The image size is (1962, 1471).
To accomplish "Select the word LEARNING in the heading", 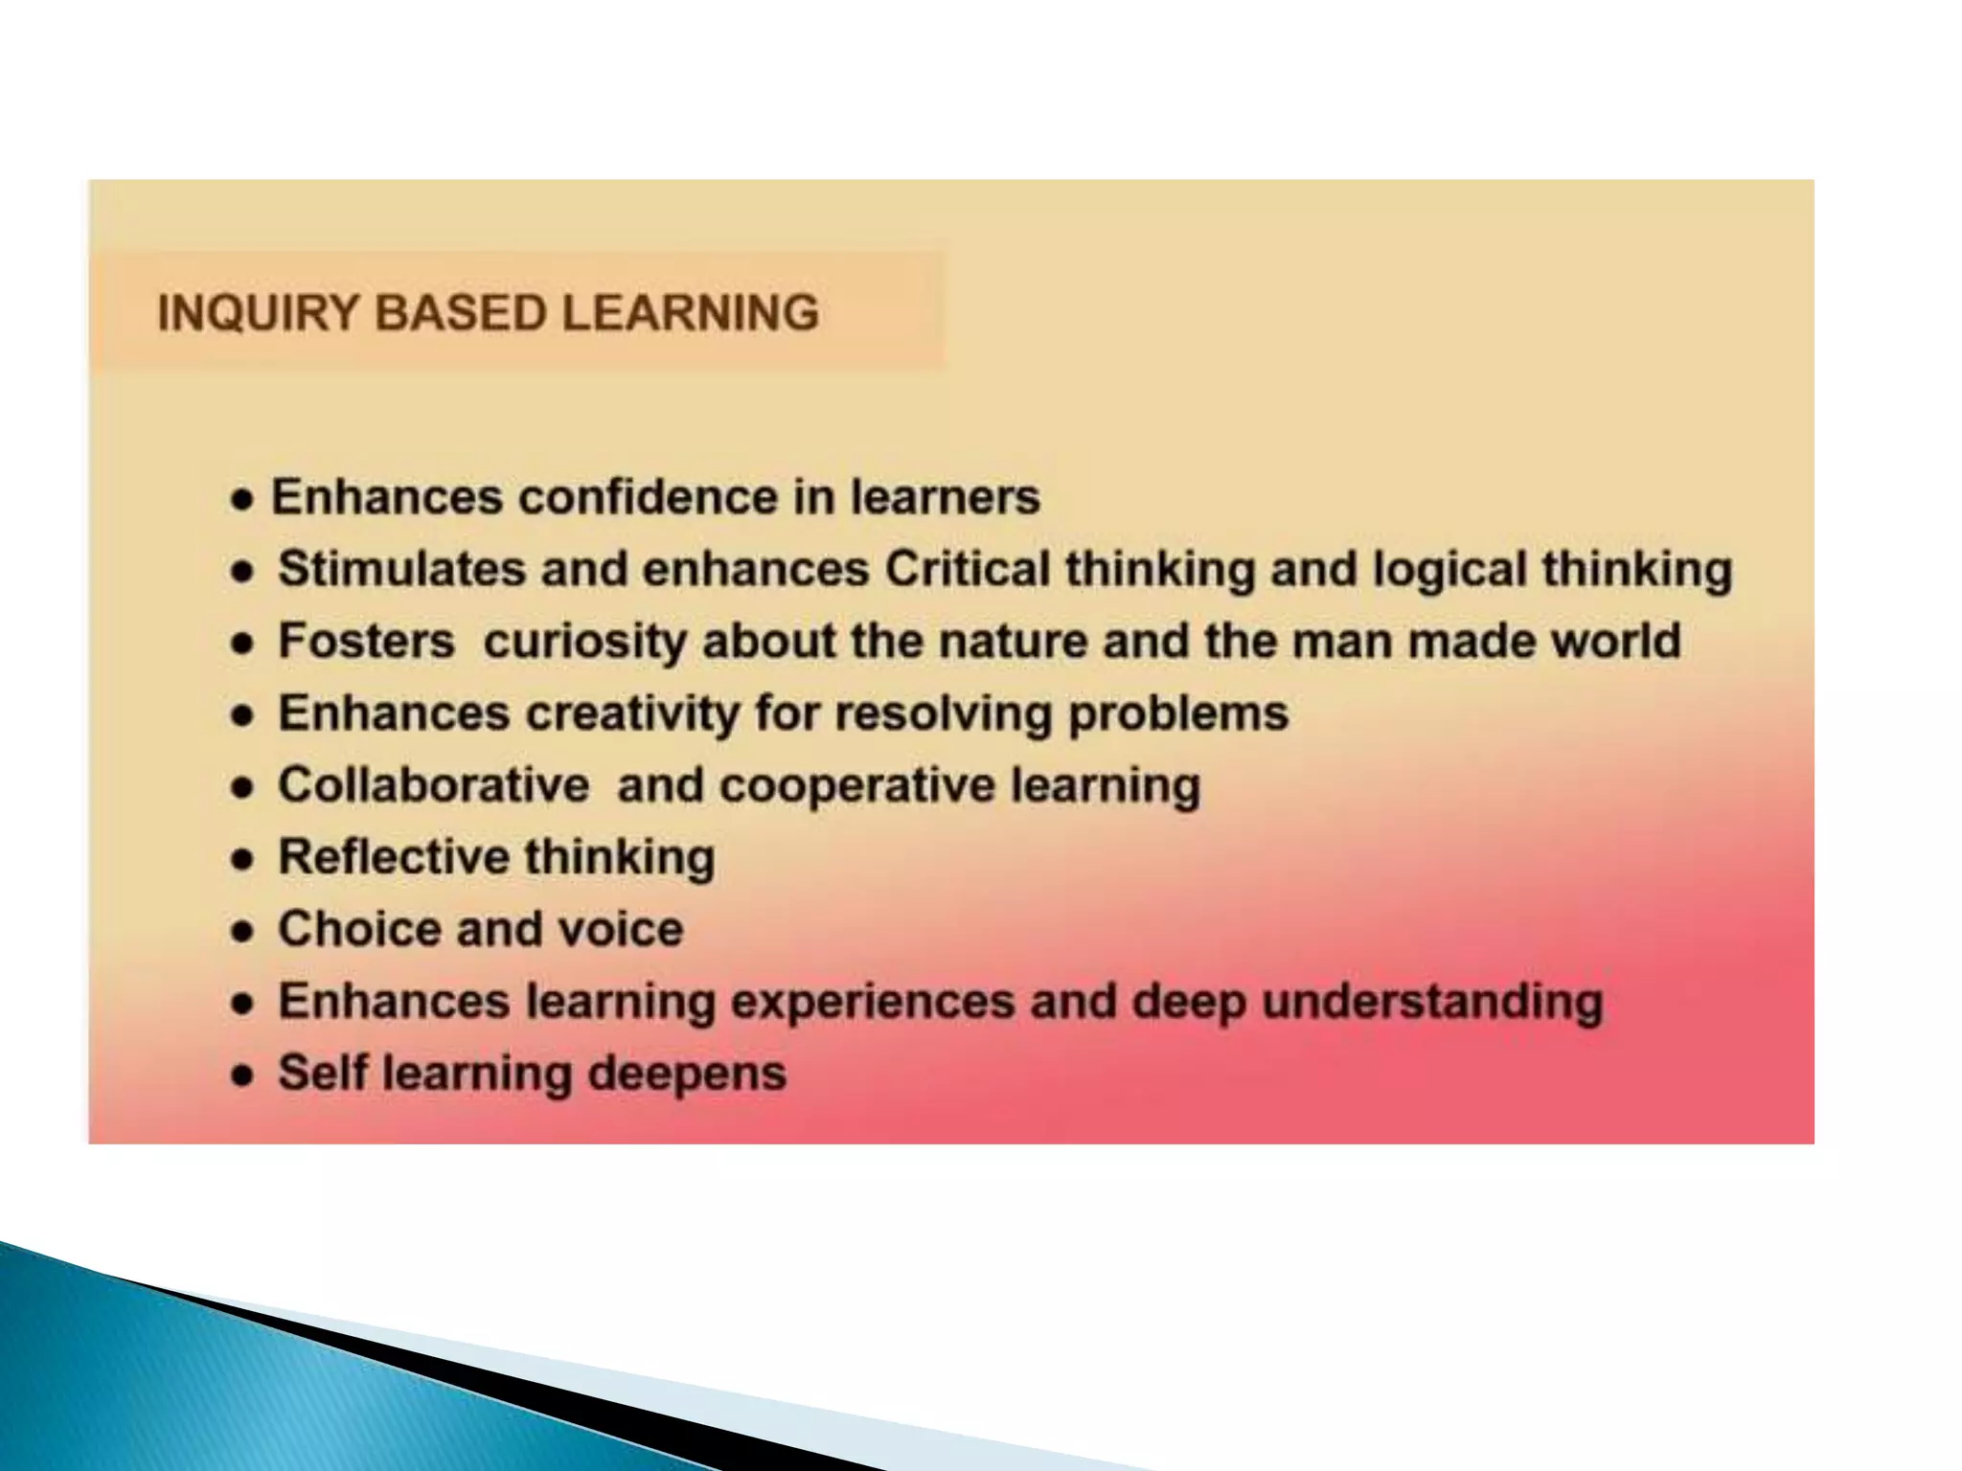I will [690, 313].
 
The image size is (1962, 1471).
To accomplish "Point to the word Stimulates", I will [401, 569].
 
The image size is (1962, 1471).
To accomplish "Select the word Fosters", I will [366, 641].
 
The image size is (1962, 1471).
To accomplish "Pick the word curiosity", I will [584, 642].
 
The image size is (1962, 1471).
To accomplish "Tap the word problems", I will [1178, 713].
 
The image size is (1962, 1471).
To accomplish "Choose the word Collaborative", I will [433, 785].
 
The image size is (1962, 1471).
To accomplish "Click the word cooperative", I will [857, 786].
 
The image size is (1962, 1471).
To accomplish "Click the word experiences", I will [873, 1002].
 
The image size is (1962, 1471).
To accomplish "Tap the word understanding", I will [1432, 1002].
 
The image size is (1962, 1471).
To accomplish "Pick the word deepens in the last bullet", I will [686, 1074].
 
